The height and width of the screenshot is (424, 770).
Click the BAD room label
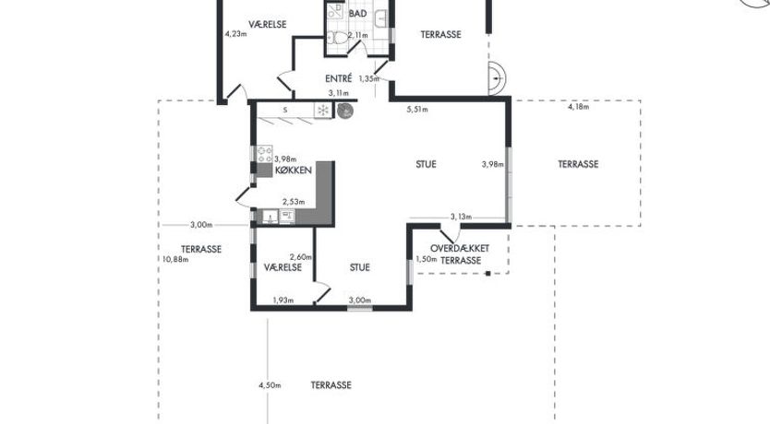[357, 14]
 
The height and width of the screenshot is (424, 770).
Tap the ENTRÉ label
[338, 78]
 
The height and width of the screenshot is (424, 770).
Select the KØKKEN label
[294, 171]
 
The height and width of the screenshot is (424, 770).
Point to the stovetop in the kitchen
[265, 154]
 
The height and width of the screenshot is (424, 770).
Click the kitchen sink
[271, 217]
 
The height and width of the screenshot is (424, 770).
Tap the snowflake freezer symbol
[322, 111]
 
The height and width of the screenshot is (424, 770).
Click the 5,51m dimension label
[417, 110]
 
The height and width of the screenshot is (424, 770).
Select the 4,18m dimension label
[579, 107]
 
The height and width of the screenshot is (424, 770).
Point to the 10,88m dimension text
[175, 259]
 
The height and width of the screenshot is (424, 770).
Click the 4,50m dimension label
[270, 385]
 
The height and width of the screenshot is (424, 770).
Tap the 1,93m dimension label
[283, 300]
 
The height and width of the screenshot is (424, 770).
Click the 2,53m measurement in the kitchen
[294, 202]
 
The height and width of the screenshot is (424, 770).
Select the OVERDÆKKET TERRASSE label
[460, 254]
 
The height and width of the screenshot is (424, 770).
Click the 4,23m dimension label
[235, 34]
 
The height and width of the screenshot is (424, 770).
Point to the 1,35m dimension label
[368, 78]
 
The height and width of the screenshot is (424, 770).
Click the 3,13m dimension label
[461, 217]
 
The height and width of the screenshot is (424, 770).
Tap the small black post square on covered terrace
[488, 274]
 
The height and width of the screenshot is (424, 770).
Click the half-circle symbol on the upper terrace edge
[497, 78]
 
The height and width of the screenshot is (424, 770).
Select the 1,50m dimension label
[427, 259]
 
